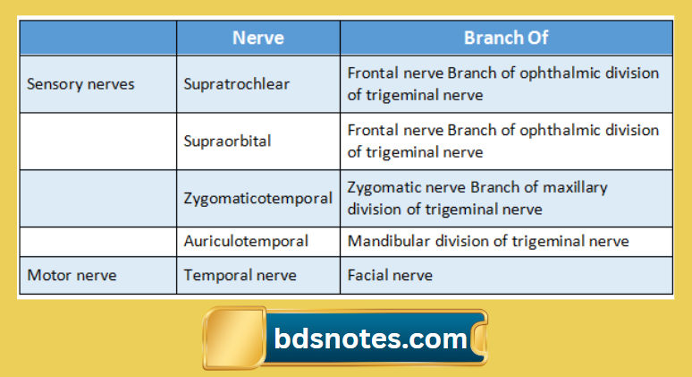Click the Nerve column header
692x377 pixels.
click(257, 38)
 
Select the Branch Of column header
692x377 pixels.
click(505, 38)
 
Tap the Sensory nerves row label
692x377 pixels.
click(80, 84)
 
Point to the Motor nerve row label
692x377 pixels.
click(72, 275)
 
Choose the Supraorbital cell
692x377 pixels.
click(227, 141)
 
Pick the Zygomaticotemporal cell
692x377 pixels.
click(257, 198)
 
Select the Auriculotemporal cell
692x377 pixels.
click(246, 241)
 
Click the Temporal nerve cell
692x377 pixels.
click(240, 275)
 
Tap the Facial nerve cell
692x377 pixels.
click(390, 275)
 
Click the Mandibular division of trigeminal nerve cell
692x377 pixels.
click(487, 241)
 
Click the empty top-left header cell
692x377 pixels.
click(97, 38)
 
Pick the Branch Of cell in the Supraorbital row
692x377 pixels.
click(505, 141)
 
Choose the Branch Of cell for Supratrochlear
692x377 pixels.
click(505, 84)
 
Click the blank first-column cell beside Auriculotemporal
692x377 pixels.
click(97, 241)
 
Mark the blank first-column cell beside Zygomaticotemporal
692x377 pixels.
click(97, 198)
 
